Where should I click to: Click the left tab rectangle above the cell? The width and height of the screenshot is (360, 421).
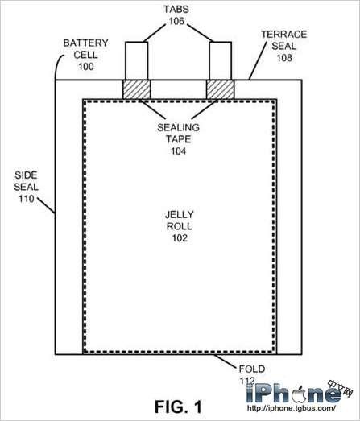tap(136, 61)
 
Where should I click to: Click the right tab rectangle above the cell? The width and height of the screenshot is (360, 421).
tap(221, 61)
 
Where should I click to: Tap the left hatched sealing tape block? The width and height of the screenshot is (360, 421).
tap(136, 89)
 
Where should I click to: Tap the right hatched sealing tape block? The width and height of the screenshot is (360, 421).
tap(221, 89)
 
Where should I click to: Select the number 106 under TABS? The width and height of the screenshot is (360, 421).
tap(176, 21)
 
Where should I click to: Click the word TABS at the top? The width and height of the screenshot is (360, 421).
tap(176, 9)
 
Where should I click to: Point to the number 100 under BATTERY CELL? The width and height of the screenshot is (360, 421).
tap(86, 67)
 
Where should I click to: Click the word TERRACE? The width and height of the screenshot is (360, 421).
tap(283, 35)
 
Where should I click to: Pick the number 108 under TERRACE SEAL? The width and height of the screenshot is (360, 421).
tap(284, 58)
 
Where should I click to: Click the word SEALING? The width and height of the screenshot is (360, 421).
tap(178, 127)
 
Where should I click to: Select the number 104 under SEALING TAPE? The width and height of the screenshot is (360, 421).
tap(179, 151)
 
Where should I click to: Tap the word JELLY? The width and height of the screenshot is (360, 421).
tap(179, 215)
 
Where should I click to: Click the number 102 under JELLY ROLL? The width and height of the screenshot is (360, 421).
tap(180, 238)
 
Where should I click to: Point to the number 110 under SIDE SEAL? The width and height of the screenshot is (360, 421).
tap(27, 199)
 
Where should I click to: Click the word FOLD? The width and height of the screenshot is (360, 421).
tap(252, 369)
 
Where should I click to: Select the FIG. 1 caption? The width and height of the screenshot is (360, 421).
tap(178, 407)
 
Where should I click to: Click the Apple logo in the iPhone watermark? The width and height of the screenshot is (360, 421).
tap(300, 394)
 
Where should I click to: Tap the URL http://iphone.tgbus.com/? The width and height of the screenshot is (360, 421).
tap(292, 408)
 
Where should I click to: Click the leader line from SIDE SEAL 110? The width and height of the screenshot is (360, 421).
tap(47, 205)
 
